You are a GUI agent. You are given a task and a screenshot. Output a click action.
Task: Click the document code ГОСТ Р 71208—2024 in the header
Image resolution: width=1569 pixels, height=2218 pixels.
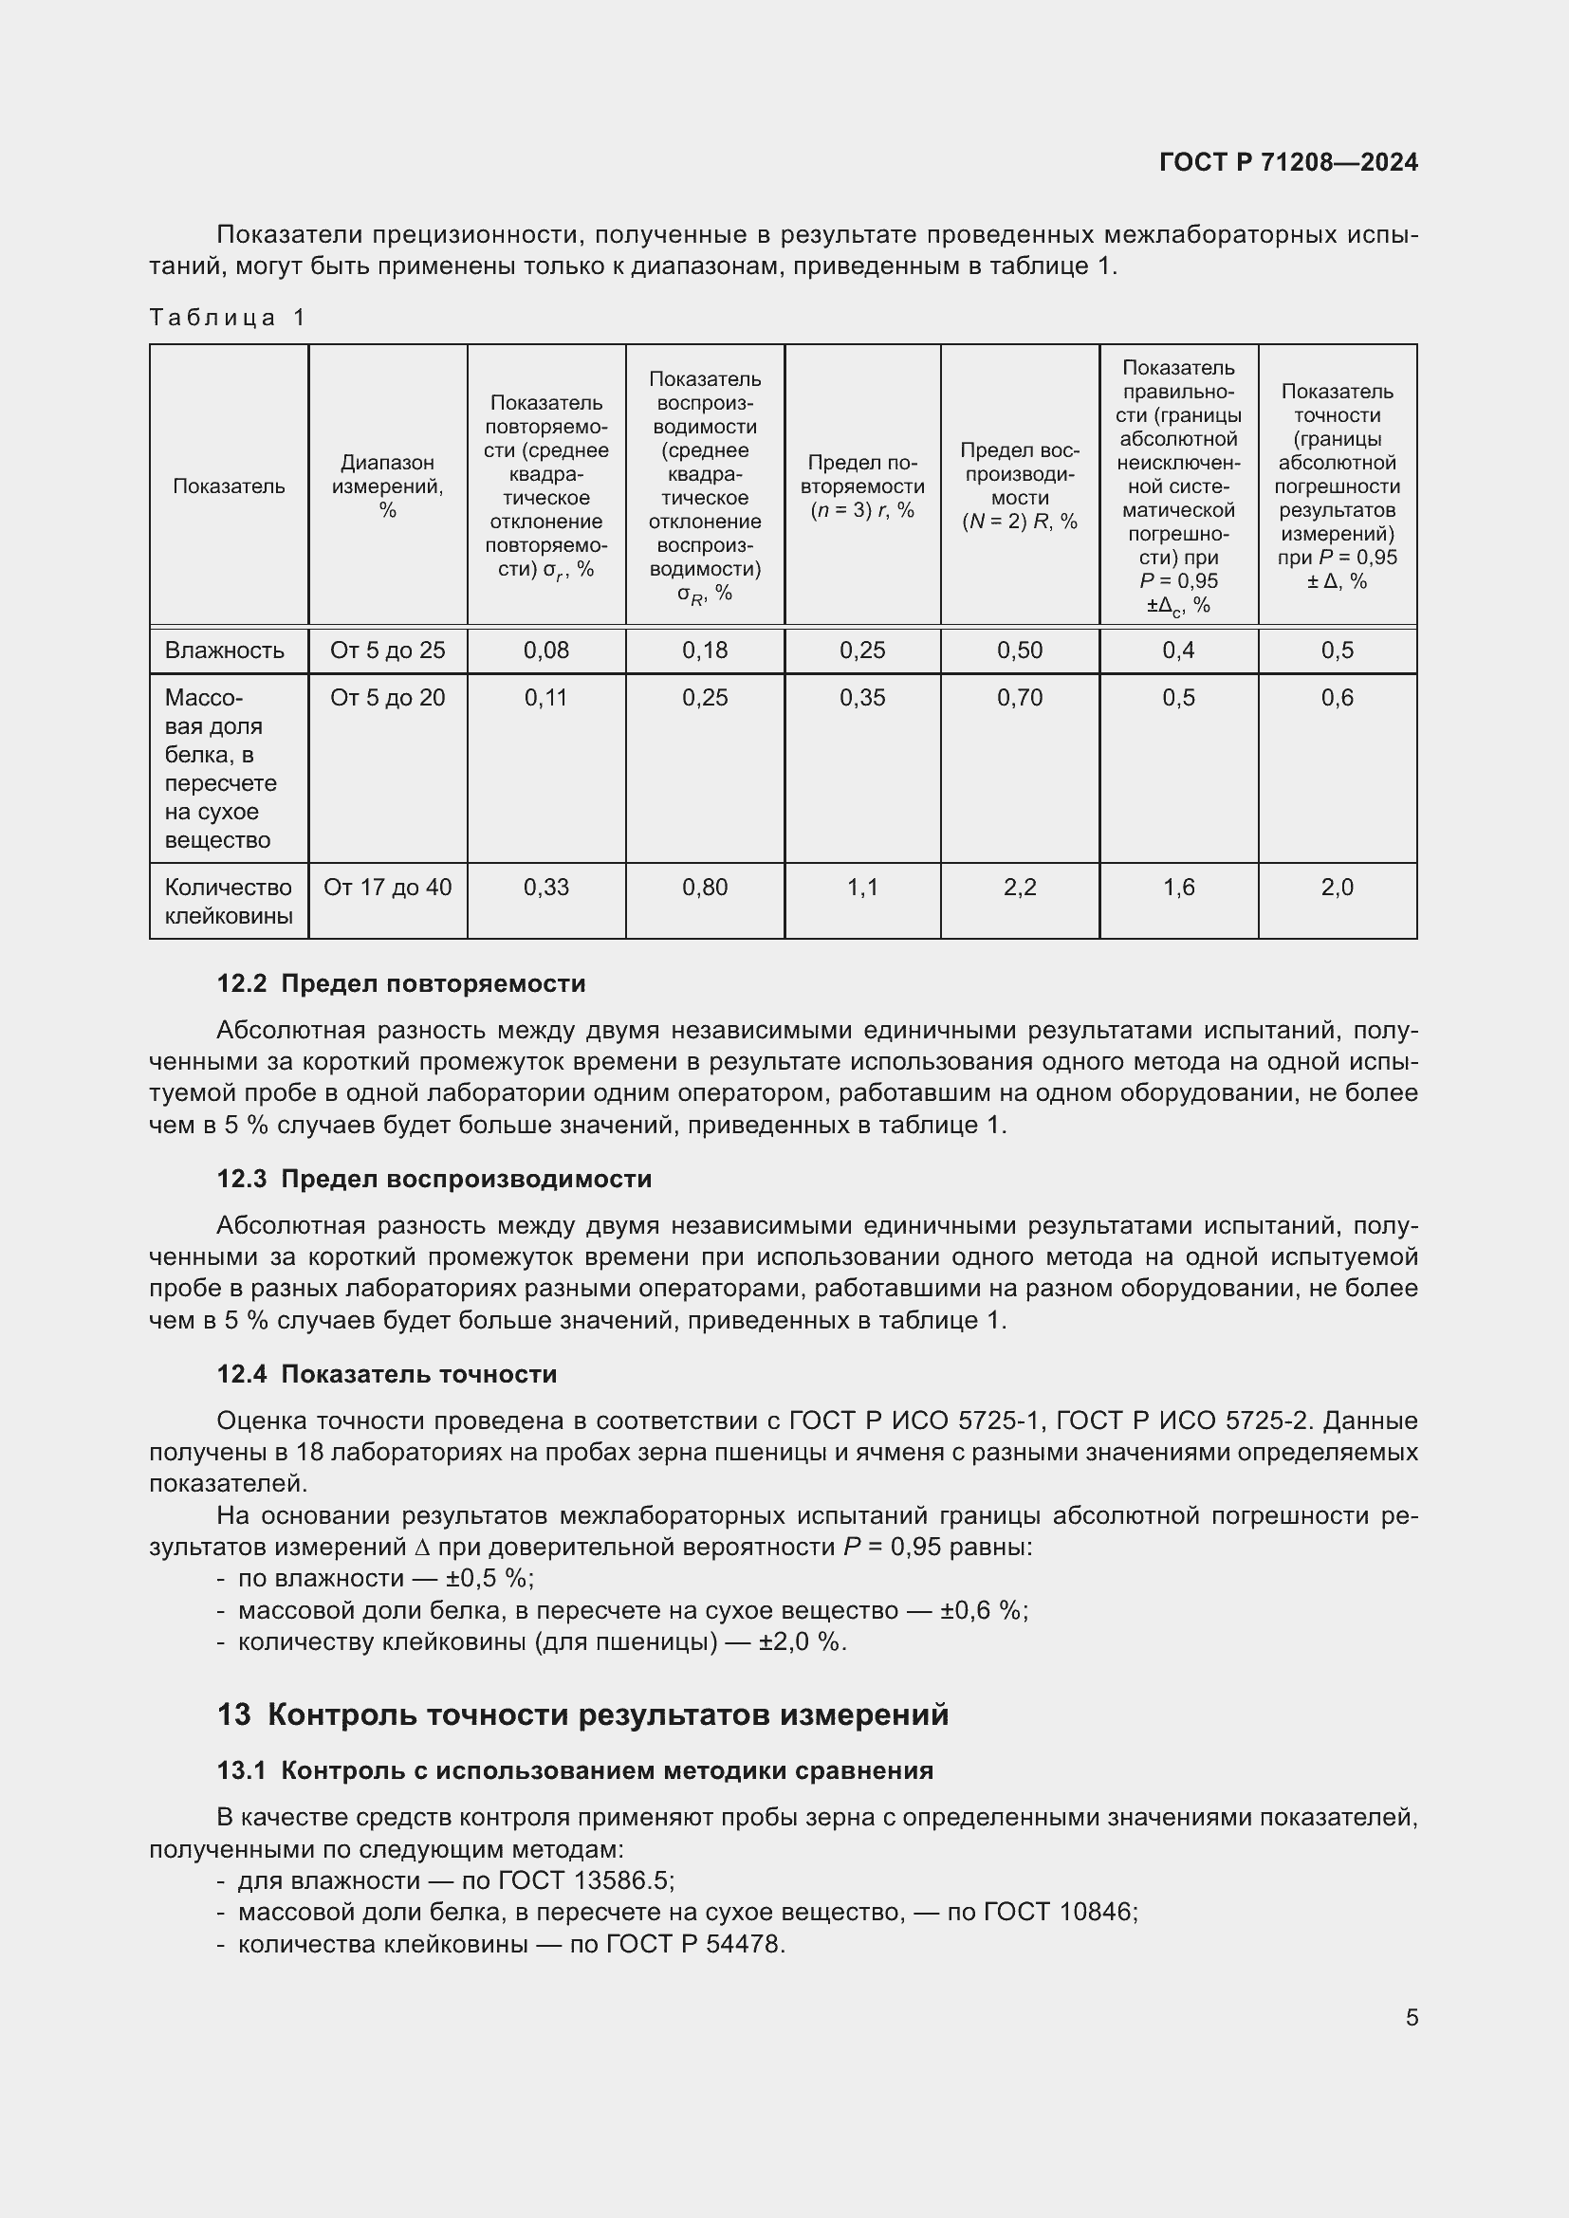point(1288,162)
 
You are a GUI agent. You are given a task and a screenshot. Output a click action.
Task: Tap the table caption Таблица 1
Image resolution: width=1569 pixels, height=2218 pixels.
point(228,318)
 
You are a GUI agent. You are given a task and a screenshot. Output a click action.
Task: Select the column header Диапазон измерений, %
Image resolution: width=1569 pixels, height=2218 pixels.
point(387,486)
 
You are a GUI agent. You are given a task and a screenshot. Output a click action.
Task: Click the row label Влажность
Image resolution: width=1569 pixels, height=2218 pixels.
point(224,651)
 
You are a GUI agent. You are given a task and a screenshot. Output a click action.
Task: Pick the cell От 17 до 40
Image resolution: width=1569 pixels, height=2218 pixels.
point(387,887)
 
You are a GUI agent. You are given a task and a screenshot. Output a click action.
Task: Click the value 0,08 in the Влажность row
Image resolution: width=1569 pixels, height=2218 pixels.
point(545,651)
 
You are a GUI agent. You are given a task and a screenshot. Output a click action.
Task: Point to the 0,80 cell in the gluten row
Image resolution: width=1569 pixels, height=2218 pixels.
point(704,887)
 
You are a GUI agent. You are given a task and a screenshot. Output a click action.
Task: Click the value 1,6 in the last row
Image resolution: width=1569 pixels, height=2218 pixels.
point(1178,887)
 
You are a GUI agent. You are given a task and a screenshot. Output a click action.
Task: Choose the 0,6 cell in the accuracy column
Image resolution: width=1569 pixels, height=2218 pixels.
point(1338,698)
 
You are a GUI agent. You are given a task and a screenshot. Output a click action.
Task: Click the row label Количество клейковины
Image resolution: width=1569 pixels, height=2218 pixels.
point(228,901)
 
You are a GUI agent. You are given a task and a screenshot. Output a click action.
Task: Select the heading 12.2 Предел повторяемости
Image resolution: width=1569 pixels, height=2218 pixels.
point(401,983)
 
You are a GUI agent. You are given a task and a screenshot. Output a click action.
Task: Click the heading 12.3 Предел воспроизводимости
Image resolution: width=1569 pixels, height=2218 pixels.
point(434,1179)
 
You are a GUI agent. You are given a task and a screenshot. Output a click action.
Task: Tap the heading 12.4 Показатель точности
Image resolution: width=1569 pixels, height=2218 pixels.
point(386,1374)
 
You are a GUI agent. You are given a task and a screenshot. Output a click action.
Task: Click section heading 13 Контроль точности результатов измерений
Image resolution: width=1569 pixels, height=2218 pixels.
point(582,1714)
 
